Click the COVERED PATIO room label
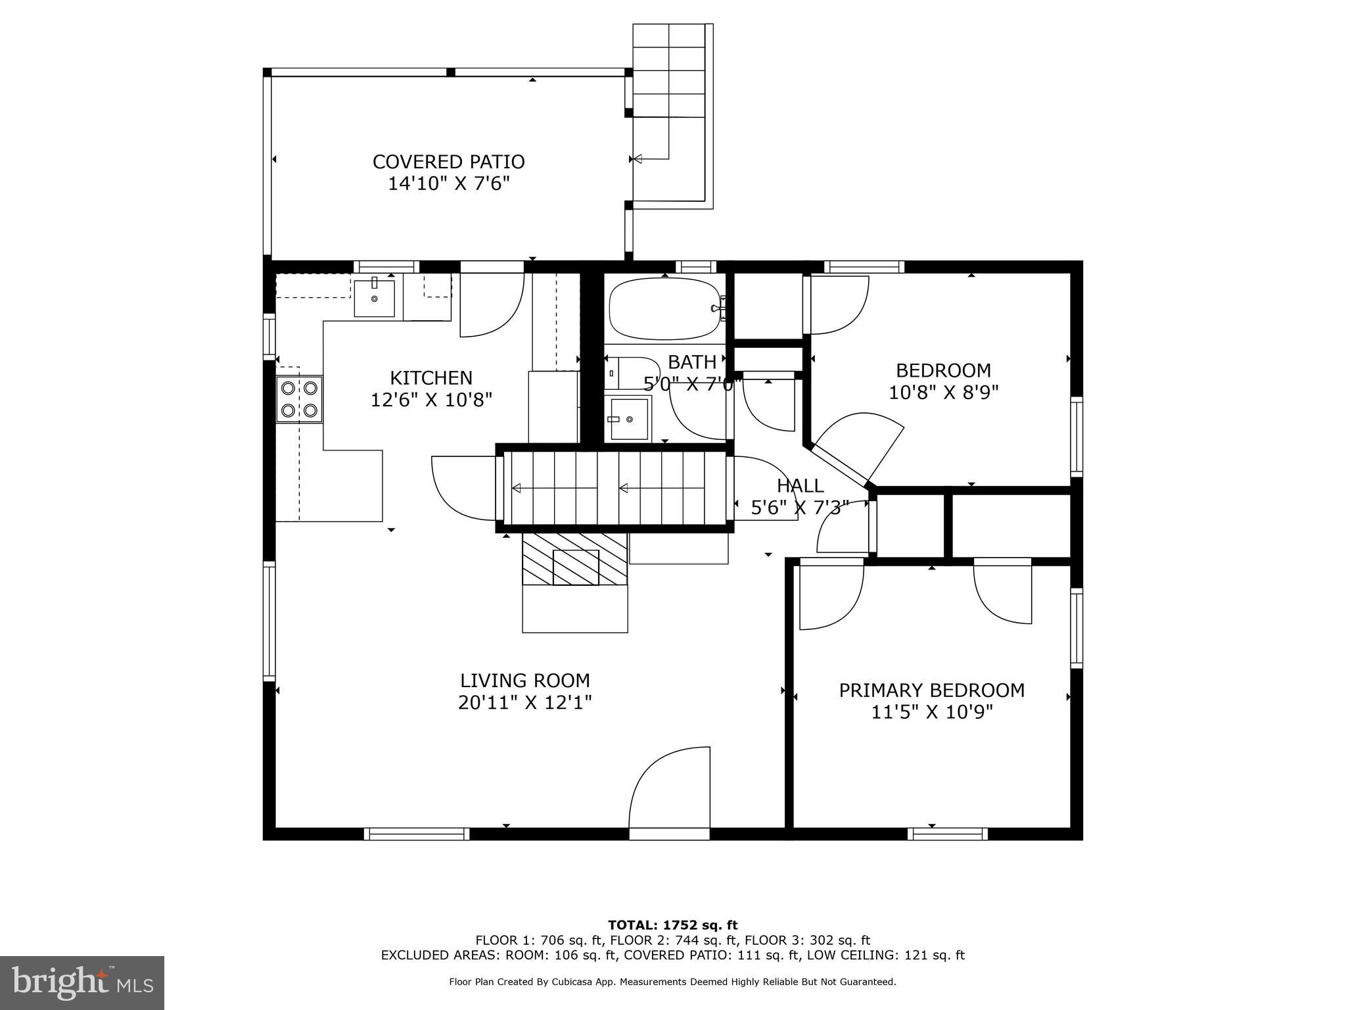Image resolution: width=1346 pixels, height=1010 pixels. (448, 162)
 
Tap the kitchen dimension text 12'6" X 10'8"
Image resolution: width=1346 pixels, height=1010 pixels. (431, 400)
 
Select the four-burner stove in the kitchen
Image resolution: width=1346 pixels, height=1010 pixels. (299, 399)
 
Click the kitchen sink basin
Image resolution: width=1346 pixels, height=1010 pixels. (375, 298)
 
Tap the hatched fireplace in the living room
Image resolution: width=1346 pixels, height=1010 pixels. (575, 559)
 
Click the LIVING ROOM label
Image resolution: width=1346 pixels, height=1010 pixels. (524, 681)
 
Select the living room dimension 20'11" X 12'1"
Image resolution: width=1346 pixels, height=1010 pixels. (524, 703)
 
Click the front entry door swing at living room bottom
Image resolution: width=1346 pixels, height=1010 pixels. (670, 789)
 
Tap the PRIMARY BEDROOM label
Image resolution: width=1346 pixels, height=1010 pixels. (931, 690)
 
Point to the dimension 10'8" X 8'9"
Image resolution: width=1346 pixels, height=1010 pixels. (943, 393)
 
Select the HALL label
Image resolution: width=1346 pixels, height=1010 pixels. (800, 486)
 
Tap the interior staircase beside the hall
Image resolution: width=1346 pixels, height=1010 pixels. (615, 488)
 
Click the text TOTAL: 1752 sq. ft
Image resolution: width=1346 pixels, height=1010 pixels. (672, 925)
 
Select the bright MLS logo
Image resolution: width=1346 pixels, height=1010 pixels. (82, 982)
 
